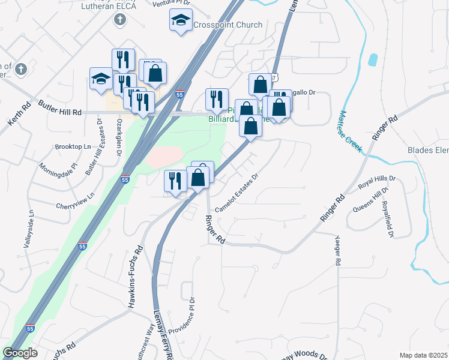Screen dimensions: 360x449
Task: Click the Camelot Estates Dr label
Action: (x=236, y=192)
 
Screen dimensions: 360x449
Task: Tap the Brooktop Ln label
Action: (x=72, y=146)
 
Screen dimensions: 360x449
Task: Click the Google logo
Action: (x=20, y=353)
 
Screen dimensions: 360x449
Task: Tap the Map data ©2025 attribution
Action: (x=423, y=355)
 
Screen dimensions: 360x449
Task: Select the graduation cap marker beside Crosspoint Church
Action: (x=179, y=21)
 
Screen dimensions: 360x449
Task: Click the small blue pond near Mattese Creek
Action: (x=373, y=59)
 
